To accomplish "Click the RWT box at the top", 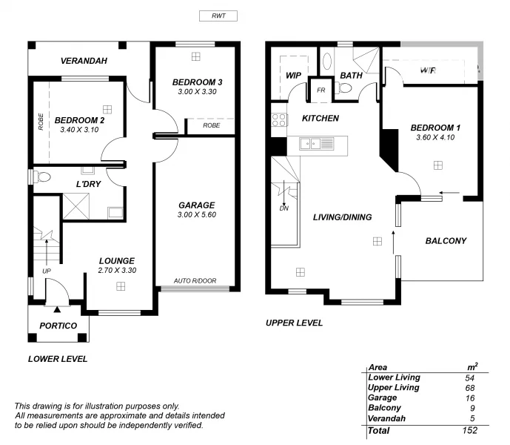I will coord(218,16).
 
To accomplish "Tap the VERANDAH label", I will coord(84,60).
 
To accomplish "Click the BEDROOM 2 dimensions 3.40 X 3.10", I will coord(79,130).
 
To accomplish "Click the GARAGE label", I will coord(196,205).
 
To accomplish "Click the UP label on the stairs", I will coord(47,271).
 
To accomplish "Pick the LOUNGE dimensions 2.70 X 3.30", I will coord(117,271).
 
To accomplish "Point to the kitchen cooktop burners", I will coord(278,119).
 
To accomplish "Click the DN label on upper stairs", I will coord(284,208).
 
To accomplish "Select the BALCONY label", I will coord(446,240).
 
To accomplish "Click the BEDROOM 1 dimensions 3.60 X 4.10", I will coord(434,138).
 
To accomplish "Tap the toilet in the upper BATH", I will coord(344,88).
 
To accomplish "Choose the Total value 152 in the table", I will coord(469,430).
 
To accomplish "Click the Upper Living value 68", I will coord(469,387).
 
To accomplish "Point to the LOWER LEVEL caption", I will coord(58,359).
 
